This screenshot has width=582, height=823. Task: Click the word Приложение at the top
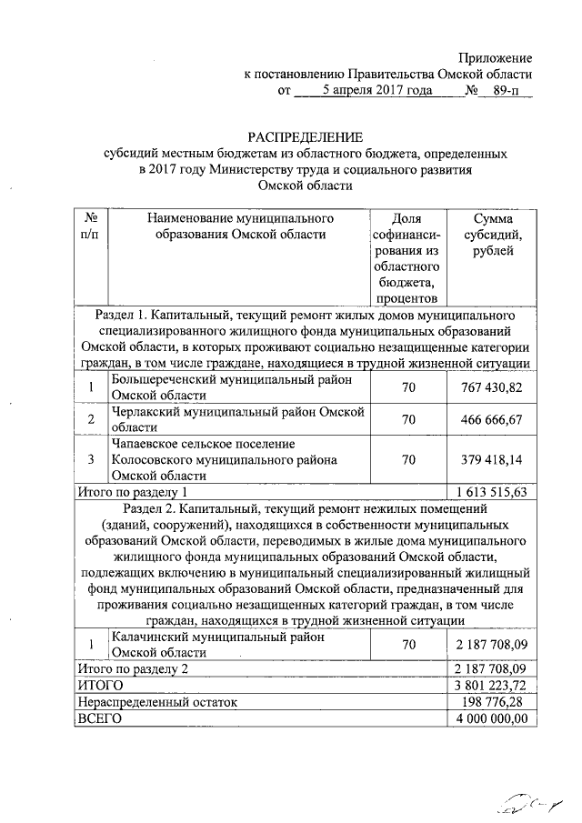(x=496, y=58)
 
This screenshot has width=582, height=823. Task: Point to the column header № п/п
(x=91, y=227)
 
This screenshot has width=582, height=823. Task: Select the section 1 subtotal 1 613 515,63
(x=491, y=491)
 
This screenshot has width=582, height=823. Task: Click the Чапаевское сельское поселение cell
(x=223, y=459)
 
